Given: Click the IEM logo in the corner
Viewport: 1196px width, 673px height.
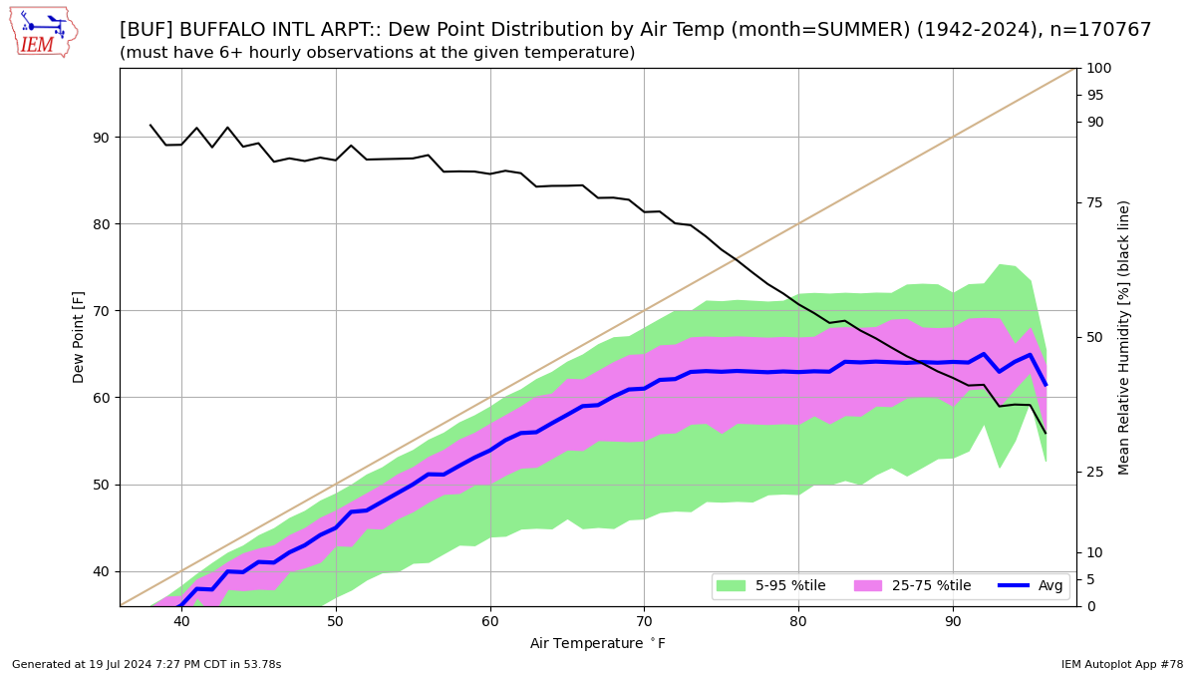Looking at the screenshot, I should pyautogui.click(x=43, y=31).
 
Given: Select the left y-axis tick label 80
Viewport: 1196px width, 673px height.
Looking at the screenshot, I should pyautogui.click(x=101, y=224).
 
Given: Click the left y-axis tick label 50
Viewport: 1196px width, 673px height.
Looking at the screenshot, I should pyautogui.click(x=101, y=486).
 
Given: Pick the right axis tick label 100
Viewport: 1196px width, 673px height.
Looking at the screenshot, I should pyautogui.click(x=1098, y=69).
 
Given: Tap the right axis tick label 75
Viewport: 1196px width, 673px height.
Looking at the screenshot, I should pyautogui.click(x=1094, y=203).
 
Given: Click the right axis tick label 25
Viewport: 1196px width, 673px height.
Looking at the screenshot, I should pyautogui.click(x=1094, y=472).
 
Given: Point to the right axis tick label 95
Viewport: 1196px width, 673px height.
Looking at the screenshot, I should pyautogui.click(x=1094, y=96).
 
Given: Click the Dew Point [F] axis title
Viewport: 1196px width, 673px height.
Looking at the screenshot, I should pyautogui.click(x=80, y=337).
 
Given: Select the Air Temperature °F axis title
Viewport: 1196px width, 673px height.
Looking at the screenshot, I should pyautogui.click(x=598, y=644).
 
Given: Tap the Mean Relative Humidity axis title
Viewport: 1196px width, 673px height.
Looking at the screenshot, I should pyautogui.click(x=1124, y=337).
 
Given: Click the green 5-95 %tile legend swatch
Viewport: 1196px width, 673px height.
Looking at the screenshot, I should pyautogui.click(x=731, y=586).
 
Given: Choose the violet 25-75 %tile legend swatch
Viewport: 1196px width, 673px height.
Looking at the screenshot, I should pyautogui.click(x=868, y=586).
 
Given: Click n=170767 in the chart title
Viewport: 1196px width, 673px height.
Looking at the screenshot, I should pyautogui.click(x=1101, y=30).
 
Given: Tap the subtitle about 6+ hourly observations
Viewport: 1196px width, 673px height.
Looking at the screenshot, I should pyautogui.click(x=377, y=53).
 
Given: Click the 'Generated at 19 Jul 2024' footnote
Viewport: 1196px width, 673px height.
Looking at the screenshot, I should pyautogui.click(x=147, y=664).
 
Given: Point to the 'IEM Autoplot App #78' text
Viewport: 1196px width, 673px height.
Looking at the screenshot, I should pyautogui.click(x=1122, y=664).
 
